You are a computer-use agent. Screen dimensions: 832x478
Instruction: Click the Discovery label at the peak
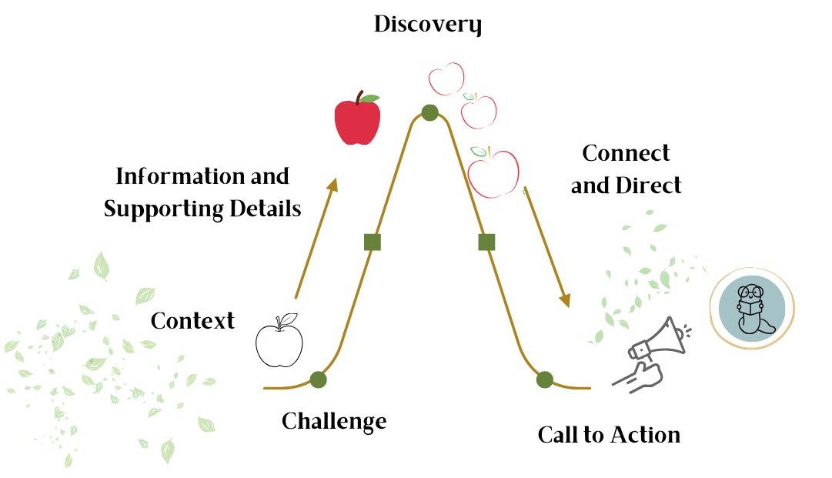(428, 25)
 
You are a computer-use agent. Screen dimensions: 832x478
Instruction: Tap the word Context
(192, 321)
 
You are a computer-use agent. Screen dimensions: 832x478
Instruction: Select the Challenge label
(334, 422)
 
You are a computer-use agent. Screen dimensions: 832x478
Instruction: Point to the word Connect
(626, 153)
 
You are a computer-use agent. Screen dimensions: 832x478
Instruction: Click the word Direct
(648, 186)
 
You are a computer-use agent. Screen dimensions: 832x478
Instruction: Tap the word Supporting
(163, 209)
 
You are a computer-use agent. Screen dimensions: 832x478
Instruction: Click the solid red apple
(358, 118)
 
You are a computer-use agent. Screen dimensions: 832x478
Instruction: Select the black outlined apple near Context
(279, 340)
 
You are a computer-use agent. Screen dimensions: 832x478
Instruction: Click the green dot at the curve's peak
(429, 112)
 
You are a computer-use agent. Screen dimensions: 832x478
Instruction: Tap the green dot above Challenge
(318, 379)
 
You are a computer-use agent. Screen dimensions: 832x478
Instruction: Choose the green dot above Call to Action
(544, 379)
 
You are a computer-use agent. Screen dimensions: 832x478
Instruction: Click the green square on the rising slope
(373, 242)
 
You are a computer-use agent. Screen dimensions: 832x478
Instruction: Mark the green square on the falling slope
(486, 242)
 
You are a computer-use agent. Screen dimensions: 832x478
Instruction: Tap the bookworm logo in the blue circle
(752, 309)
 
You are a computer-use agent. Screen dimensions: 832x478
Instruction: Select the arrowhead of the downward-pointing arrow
(565, 301)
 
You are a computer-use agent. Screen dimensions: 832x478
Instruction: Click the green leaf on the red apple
(370, 99)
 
